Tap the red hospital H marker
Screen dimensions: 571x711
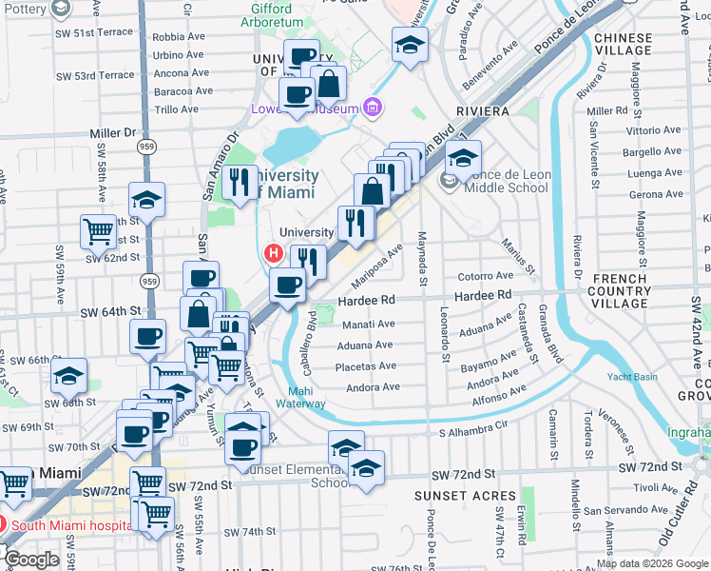click(274, 253)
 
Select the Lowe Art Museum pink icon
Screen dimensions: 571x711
click(372, 108)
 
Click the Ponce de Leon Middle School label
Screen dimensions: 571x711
click(507, 181)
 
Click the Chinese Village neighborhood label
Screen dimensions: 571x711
click(623, 45)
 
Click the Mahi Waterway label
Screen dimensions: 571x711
click(307, 396)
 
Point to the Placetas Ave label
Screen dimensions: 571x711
click(368, 366)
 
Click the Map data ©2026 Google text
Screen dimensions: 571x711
click(652, 563)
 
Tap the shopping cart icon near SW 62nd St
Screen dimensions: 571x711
click(99, 230)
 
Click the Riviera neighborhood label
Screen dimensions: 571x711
click(483, 111)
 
